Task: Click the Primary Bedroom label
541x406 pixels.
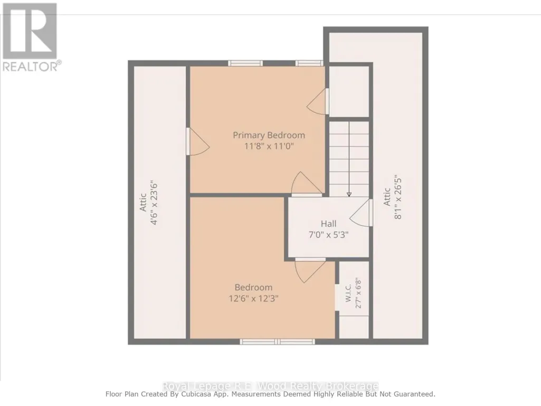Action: (x=269, y=135)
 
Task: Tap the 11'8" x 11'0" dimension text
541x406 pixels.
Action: (x=269, y=146)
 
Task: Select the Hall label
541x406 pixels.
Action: (x=328, y=224)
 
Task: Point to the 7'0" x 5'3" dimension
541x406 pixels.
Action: (x=328, y=235)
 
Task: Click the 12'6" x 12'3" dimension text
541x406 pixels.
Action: (x=253, y=298)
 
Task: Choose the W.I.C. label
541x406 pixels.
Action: (x=348, y=293)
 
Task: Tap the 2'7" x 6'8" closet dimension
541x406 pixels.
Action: (x=358, y=293)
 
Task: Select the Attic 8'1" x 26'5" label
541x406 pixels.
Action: (x=392, y=198)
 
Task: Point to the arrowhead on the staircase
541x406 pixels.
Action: (x=349, y=195)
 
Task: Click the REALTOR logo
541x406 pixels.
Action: (x=30, y=37)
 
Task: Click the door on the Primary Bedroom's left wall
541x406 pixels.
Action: (x=198, y=141)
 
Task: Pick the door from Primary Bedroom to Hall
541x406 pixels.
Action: (x=307, y=184)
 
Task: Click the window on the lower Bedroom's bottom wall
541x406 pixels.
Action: (x=278, y=342)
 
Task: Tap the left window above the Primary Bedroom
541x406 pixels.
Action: (x=245, y=63)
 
